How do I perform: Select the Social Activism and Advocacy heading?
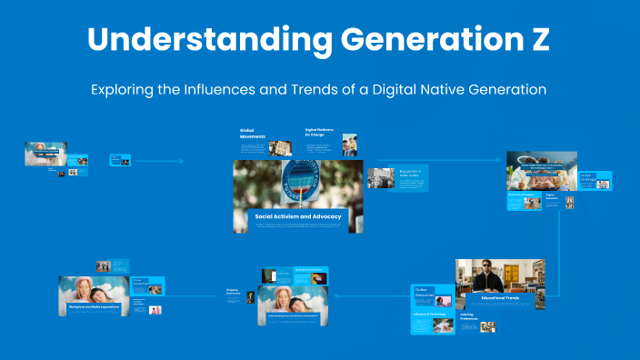click(x=299, y=217)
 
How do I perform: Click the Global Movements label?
click(x=253, y=134)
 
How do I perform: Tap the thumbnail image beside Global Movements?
click(x=280, y=146)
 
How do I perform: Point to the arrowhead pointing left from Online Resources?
click(x=338, y=295)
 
